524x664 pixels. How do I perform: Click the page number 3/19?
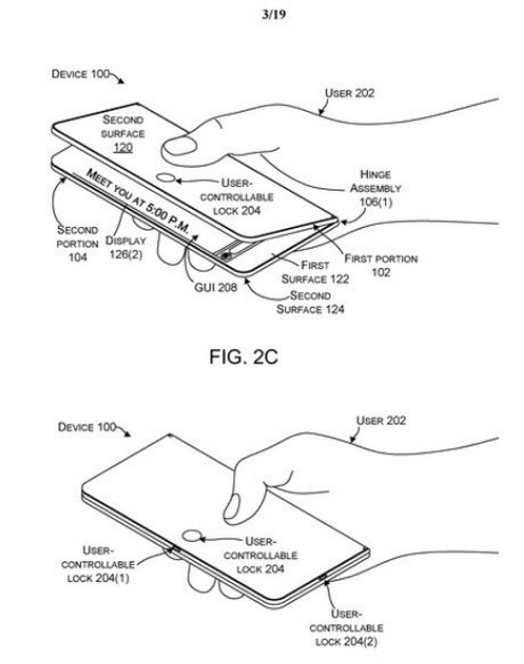click(273, 15)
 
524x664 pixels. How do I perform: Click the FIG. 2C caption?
click(244, 357)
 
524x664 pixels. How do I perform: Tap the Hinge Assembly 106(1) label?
click(375, 188)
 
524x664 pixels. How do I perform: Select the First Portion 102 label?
click(381, 265)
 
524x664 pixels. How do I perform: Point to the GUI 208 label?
click(215, 287)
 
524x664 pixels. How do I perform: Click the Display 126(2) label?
click(126, 247)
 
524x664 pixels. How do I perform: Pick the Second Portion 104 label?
click(77, 243)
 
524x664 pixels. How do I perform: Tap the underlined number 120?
click(123, 147)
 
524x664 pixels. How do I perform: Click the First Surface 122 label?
click(315, 272)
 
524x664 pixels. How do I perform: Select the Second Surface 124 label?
click(310, 301)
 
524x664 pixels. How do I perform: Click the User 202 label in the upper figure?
click(350, 93)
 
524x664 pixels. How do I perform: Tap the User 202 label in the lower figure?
click(381, 421)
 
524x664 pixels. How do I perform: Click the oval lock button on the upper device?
click(166, 178)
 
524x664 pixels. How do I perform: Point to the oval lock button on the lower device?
click(191, 536)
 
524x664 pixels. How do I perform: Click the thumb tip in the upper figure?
click(170, 148)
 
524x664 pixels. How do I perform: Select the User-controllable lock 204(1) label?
click(98, 564)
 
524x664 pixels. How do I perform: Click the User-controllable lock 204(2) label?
click(346, 628)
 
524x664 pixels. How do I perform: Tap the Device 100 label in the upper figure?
click(80, 73)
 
